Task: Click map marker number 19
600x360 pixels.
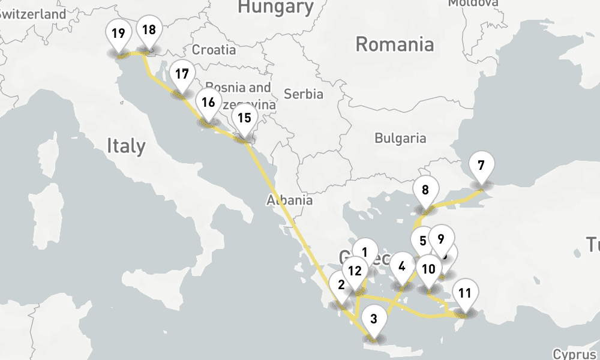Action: pyautogui.click(x=119, y=34)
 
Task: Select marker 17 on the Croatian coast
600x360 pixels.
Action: pyautogui.click(x=182, y=74)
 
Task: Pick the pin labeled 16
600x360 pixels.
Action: pyautogui.click(x=208, y=102)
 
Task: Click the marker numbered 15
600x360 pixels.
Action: pyautogui.click(x=244, y=118)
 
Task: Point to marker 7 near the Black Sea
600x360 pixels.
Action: pyautogui.click(x=481, y=165)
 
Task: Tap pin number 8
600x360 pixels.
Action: pyautogui.click(x=425, y=191)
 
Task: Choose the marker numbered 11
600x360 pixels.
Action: pyautogui.click(x=464, y=293)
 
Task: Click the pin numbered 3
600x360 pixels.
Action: pyautogui.click(x=374, y=319)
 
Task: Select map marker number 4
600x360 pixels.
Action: pyautogui.click(x=402, y=266)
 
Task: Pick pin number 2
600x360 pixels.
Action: pyautogui.click(x=341, y=285)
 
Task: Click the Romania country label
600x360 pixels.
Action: pyautogui.click(x=394, y=44)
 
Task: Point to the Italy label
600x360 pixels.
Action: pyautogui.click(x=126, y=146)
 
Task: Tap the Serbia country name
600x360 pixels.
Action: pyautogui.click(x=303, y=94)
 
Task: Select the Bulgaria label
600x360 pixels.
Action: pyautogui.click(x=400, y=139)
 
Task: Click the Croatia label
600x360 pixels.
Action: pyautogui.click(x=214, y=50)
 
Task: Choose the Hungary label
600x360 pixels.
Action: pyautogui.click(x=275, y=7)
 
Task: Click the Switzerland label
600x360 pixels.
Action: pyautogui.click(x=33, y=14)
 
